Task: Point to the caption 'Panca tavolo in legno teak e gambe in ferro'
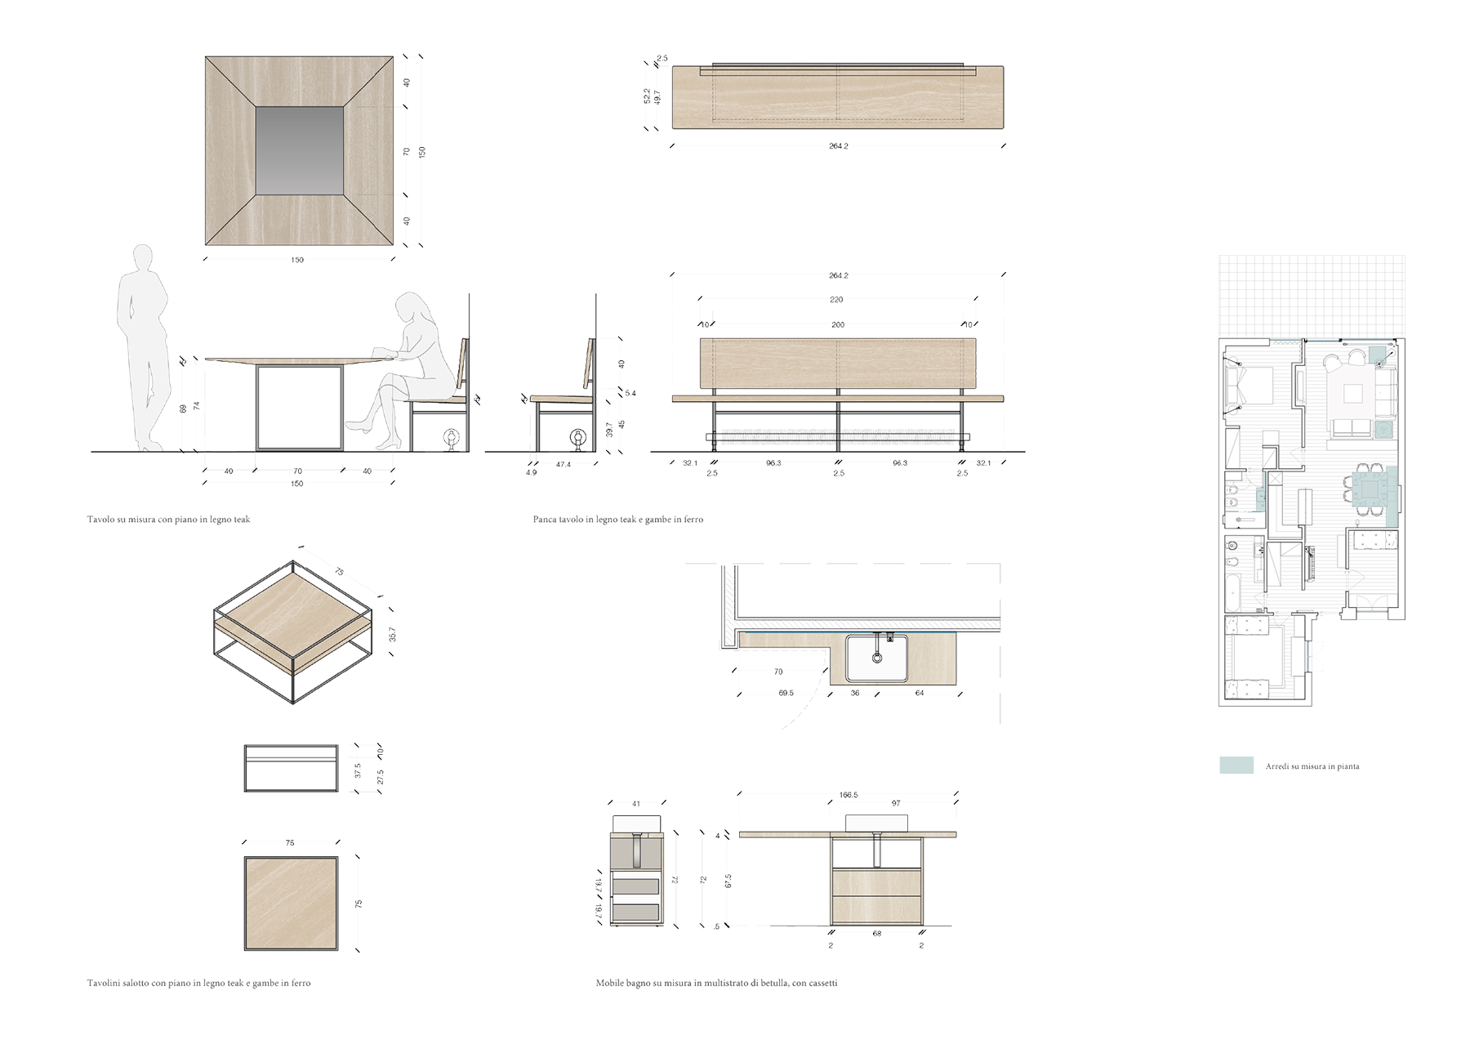pos(617,519)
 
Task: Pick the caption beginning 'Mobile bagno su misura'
pos(716,984)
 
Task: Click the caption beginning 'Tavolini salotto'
pos(198,984)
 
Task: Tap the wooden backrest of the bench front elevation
pos(839,365)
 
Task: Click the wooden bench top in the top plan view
pos(837,98)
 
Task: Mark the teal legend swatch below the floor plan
pos(1238,765)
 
